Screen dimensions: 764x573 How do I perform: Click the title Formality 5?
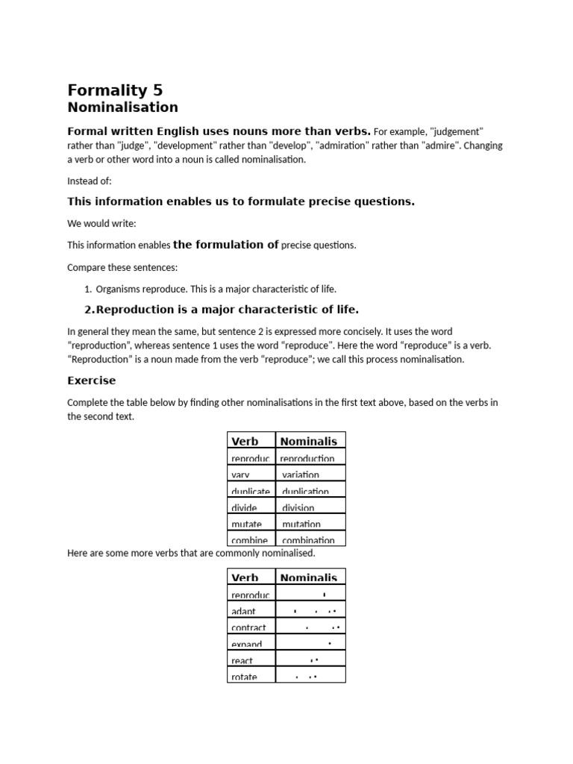pos(115,90)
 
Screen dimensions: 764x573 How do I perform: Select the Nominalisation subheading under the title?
pos(123,108)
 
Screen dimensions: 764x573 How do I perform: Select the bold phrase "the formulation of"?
pos(226,244)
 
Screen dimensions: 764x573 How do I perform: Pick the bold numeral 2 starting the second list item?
pos(88,310)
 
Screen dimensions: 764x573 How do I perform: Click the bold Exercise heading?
pos(92,381)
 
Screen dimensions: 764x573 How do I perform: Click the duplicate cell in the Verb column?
pos(251,491)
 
